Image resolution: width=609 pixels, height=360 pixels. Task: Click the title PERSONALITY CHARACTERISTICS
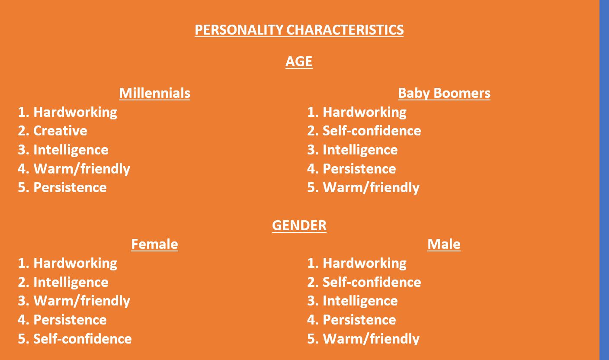click(x=299, y=30)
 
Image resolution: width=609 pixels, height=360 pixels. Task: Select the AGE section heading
click(x=299, y=61)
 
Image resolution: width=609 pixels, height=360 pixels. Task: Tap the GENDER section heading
click(x=299, y=226)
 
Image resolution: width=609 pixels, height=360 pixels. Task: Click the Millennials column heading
click(x=154, y=93)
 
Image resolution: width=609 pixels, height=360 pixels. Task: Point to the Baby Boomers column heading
click(x=444, y=93)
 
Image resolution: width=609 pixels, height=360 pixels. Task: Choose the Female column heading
click(x=154, y=244)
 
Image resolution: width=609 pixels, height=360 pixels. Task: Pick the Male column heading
click(x=444, y=244)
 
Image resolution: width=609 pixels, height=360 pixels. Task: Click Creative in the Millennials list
click(x=60, y=131)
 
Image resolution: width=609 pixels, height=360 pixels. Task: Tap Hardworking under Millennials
click(x=75, y=112)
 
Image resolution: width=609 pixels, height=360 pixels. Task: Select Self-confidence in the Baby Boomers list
click(x=372, y=131)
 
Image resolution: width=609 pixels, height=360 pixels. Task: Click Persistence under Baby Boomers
click(x=359, y=169)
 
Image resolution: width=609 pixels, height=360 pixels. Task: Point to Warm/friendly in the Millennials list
click(x=82, y=169)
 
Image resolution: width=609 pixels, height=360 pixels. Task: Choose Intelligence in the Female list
click(x=71, y=283)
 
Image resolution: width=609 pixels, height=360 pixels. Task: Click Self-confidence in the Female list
click(x=82, y=339)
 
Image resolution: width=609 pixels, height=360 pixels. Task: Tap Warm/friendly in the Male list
click(x=371, y=339)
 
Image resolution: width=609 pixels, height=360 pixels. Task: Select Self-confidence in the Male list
click(x=372, y=282)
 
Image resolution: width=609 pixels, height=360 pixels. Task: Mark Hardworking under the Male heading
click(x=364, y=264)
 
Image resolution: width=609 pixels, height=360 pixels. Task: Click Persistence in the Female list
click(x=70, y=320)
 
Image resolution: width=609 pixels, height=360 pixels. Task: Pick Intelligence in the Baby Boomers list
click(x=360, y=150)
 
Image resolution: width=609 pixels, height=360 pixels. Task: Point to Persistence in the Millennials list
click(x=70, y=188)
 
